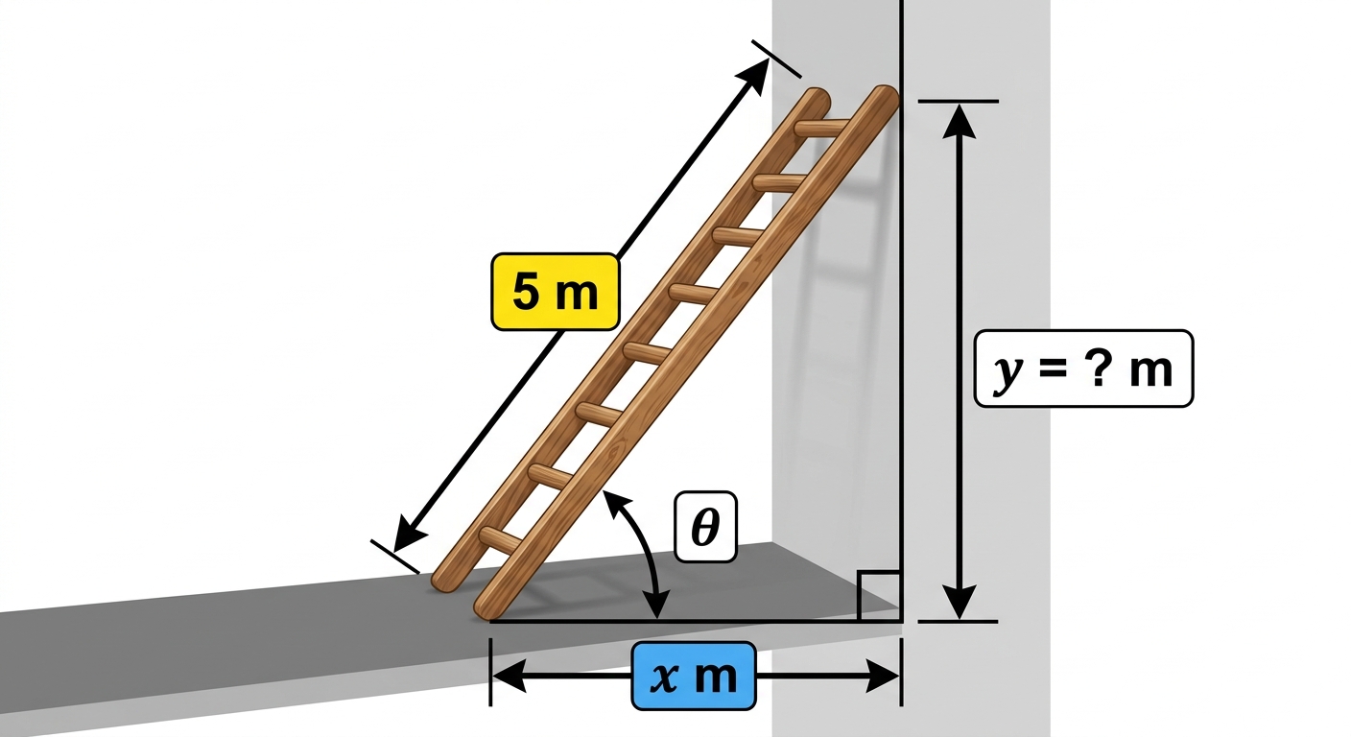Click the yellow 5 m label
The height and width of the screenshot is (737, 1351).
point(556,292)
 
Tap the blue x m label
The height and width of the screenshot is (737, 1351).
point(694,676)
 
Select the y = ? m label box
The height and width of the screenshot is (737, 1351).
point(1084,368)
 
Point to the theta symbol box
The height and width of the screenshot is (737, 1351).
point(705,527)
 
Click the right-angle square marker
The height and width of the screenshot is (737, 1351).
point(879,596)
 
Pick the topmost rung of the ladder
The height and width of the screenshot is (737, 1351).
point(821,129)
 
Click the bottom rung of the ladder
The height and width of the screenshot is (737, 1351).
point(501,538)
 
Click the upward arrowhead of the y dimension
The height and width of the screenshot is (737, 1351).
point(959,121)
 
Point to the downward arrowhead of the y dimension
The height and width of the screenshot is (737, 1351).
point(959,602)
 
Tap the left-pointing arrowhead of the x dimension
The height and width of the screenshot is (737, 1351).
point(510,676)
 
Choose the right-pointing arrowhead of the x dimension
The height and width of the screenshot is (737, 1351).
point(883,676)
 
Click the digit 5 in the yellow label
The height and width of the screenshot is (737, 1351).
point(526,292)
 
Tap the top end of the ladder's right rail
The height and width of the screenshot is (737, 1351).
point(886,98)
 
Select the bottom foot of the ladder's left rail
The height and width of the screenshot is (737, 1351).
point(444,581)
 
